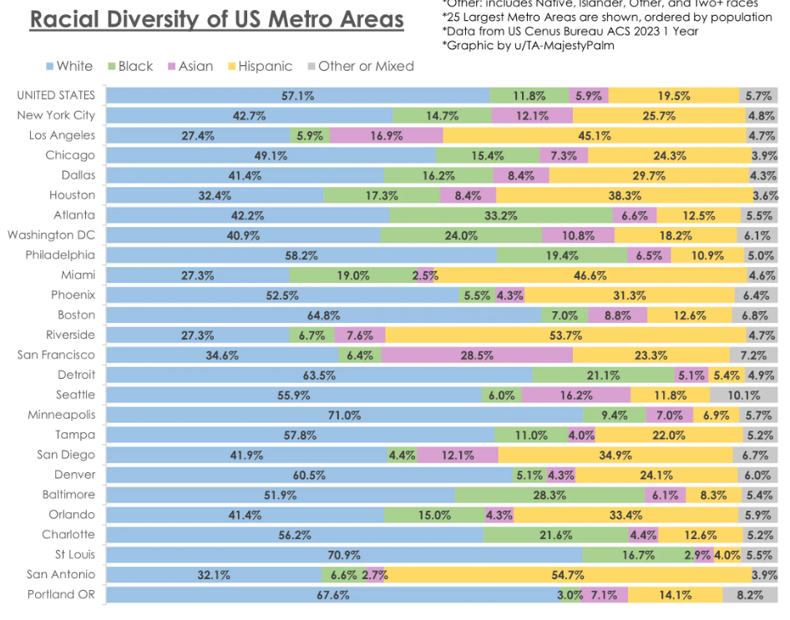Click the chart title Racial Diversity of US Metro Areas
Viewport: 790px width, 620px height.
coord(216,19)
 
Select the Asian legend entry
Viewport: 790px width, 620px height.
coord(190,66)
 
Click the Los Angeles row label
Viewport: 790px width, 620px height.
coord(62,135)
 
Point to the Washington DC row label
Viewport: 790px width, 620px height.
coord(52,234)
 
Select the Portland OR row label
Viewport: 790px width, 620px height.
coord(61,594)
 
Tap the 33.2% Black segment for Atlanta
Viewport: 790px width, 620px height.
coord(501,215)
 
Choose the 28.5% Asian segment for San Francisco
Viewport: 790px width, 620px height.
coord(477,355)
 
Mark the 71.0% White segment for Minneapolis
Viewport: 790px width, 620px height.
coord(344,415)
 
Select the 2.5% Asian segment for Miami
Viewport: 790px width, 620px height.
coord(426,275)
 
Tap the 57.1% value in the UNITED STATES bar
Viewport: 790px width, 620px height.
coord(297,96)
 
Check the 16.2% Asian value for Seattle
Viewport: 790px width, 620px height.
coord(576,395)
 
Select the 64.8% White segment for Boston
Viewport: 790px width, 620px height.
coord(323,315)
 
